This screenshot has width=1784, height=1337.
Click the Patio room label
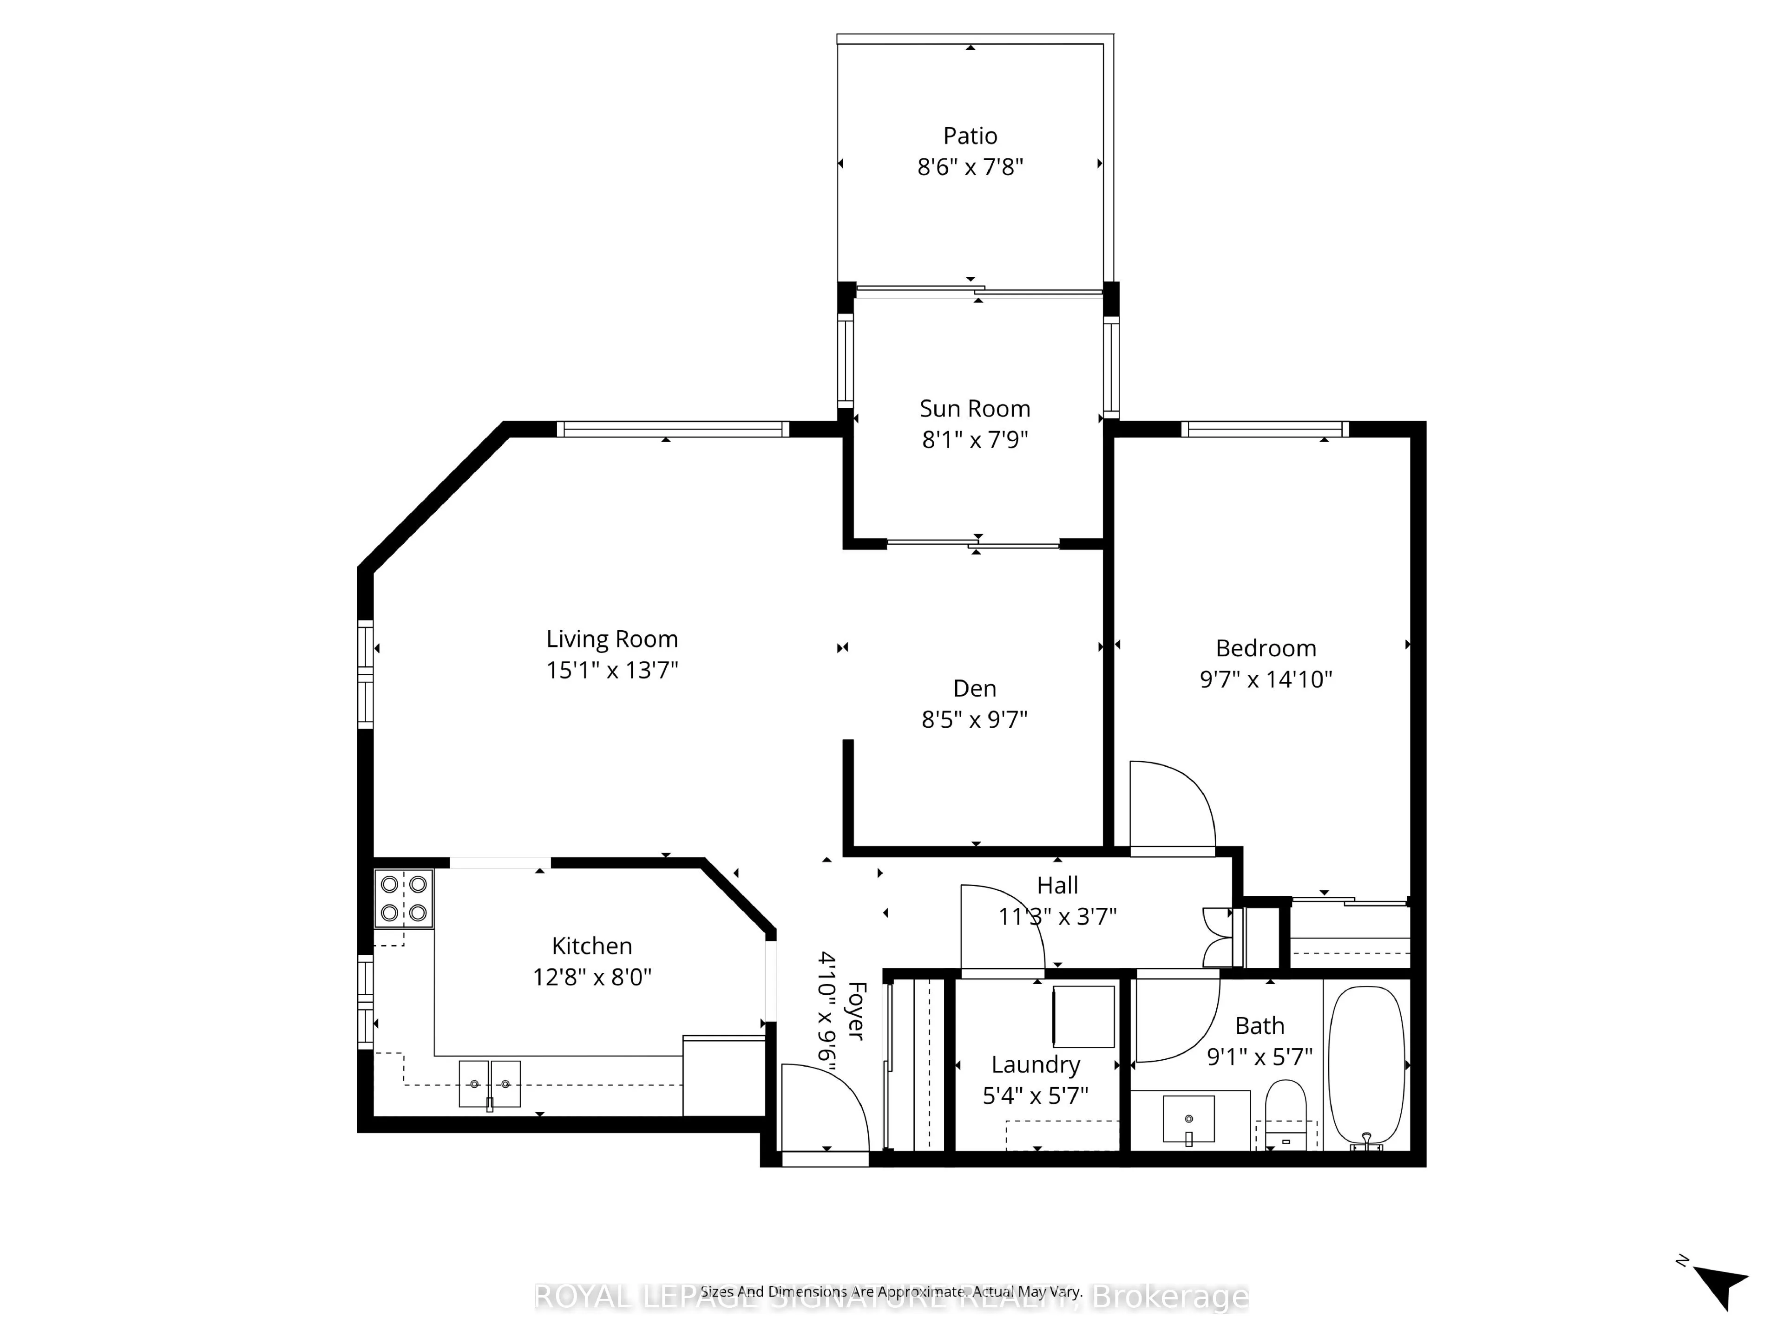(x=970, y=136)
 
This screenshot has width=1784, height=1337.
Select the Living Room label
(x=612, y=639)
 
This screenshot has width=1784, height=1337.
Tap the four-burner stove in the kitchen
(x=403, y=898)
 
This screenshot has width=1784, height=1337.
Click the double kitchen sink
(x=490, y=1084)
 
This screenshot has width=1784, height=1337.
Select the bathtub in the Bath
(x=1366, y=1064)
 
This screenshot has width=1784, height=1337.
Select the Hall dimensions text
(x=1057, y=917)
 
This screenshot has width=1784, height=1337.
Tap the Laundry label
(x=1036, y=1064)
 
